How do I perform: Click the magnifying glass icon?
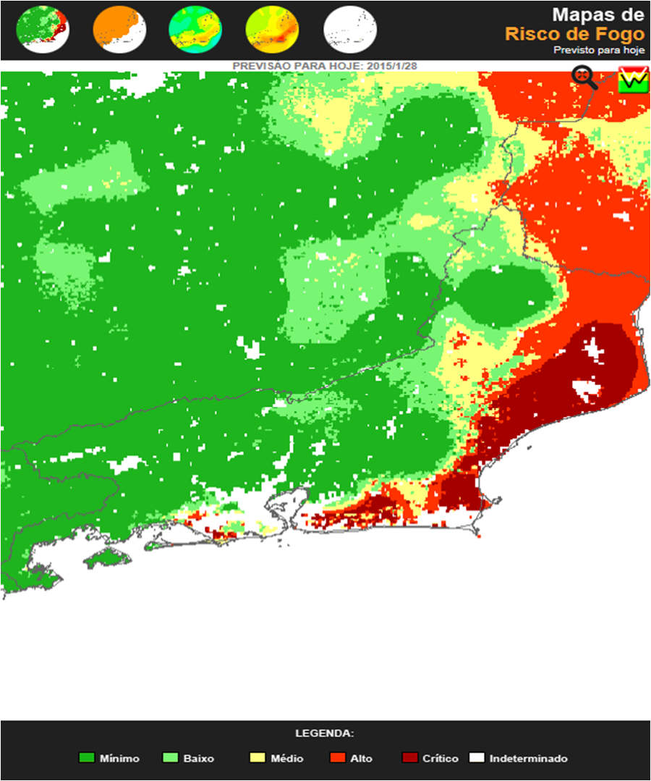584,77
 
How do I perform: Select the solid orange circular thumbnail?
119,29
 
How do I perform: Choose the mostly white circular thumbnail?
350,29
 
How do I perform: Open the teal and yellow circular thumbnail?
195,29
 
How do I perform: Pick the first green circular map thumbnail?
42,29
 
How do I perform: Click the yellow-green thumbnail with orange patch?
272,29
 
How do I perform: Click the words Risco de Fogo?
574,33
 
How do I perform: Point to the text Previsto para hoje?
598,50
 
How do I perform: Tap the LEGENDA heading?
325,733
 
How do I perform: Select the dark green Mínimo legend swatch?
87,758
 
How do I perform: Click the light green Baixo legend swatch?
171,758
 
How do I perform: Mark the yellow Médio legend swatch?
257,758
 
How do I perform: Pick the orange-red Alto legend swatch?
337,758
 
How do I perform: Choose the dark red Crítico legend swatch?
410,758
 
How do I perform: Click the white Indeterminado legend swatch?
476,758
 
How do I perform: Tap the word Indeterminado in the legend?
528,759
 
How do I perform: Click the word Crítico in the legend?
441,759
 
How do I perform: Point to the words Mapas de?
597,14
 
